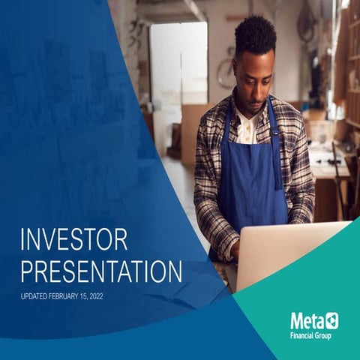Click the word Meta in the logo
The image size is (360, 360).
(306, 320)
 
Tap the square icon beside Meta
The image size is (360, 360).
(331, 320)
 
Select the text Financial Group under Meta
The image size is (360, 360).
(313, 334)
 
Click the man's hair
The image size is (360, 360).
(254, 34)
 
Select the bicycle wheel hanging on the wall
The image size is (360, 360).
(226, 73)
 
